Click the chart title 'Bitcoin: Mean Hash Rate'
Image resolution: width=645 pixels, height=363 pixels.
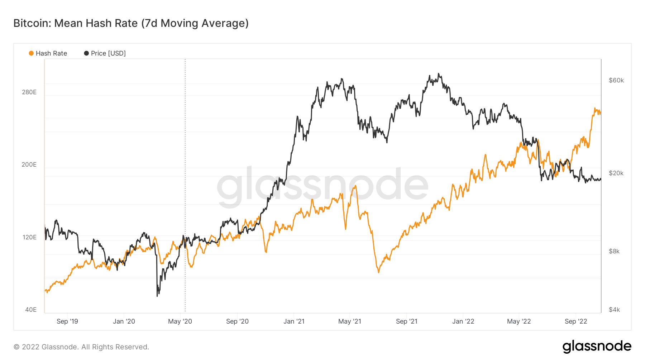click(131, 23)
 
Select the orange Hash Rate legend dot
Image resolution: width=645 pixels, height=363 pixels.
click(31, 53)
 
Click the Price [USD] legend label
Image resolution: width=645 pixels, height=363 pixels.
click(108, 53)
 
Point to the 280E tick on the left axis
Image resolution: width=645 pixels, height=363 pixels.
click(29, 92)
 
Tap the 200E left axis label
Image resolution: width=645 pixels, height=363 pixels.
click(29, 164)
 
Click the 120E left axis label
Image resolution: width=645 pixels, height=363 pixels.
click(29, 237)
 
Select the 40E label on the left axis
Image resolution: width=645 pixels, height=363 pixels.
click(31, 310)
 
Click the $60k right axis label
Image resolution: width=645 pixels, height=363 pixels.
click(616, 80)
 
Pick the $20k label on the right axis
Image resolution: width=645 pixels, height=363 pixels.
click(616, 173)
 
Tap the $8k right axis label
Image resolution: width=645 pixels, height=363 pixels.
click(614, 251)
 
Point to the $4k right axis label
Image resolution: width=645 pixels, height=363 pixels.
click(614, 310)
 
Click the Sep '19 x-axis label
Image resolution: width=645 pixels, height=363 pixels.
click(67, 321)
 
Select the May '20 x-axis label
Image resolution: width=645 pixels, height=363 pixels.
click(180, 321)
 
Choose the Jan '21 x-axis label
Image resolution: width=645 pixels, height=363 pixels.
click(294, 321)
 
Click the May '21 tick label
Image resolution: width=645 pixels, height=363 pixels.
click(350, 321)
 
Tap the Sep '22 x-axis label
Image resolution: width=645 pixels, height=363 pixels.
click(576, 321)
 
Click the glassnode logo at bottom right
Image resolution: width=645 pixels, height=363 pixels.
click(597, 347)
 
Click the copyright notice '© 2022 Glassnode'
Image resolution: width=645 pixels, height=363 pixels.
click(81, 347)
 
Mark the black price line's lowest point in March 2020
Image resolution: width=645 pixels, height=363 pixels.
click(157, 296)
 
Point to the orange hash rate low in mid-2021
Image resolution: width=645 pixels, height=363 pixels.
click(378, 272)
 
